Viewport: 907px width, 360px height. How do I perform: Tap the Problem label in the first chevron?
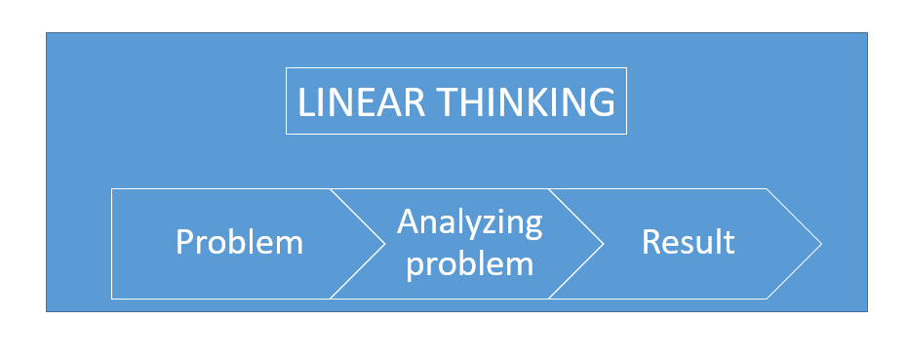point(239,242)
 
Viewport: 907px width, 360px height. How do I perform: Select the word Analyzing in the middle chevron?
point(469,222)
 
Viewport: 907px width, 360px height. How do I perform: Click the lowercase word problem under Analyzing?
point(469,262)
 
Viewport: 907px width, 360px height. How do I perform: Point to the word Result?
point(688,242)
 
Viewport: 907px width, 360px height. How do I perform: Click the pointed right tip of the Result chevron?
point(819,243)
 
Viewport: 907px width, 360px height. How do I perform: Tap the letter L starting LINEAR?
point(305,102)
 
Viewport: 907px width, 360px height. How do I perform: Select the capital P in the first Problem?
point(184,242)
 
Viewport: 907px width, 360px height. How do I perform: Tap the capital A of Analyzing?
point(408,222)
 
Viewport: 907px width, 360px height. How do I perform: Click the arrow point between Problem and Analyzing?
point(384,243)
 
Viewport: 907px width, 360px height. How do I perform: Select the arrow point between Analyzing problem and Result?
point(603,243)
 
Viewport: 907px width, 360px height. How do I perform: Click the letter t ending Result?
point(729,242)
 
